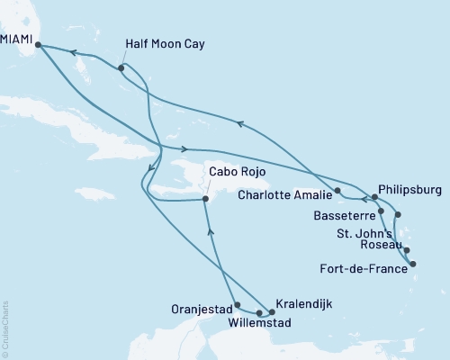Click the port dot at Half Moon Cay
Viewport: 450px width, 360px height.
[x=121, y=68]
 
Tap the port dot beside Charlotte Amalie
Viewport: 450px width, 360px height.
[x=337, y=191]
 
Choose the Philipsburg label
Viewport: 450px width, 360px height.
[x=409, y=189]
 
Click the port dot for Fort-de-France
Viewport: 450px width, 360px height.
[x=412, y=264]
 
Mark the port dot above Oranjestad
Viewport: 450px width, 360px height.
[x=236, y=304]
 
